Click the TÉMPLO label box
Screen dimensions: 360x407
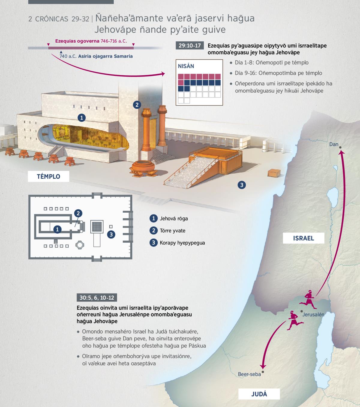click(x=48, y=176)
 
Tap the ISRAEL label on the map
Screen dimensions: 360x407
click(x=304, y=238)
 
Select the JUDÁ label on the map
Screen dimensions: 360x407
click(x=259, y=394)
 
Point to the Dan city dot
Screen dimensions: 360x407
click(x=340, y=148)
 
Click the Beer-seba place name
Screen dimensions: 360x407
click(x=249, y=374)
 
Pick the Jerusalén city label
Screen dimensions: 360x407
click(x=313, y=315)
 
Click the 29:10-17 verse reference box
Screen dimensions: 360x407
click(x=190, y=46)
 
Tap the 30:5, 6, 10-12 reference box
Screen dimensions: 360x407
click(x=97, y=298)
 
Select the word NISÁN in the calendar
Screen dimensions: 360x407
click(x=186, y=66)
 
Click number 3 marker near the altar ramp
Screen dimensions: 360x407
click(x=242, y=185)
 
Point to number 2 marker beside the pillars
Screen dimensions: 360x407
click(x=137, y=105)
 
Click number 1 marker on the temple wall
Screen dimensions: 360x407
click(x=82, y=118)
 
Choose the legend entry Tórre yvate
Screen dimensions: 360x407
click(x=172, y=231)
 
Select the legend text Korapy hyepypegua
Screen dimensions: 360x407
click(x=182, y=243)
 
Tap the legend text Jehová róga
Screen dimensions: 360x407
click(x=174, y=219)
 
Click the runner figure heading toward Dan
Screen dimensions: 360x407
click(x=308, y=300)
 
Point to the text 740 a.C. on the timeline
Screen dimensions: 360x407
click(x=68, y=56)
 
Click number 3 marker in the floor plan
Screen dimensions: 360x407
click(x=111, y=235)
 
